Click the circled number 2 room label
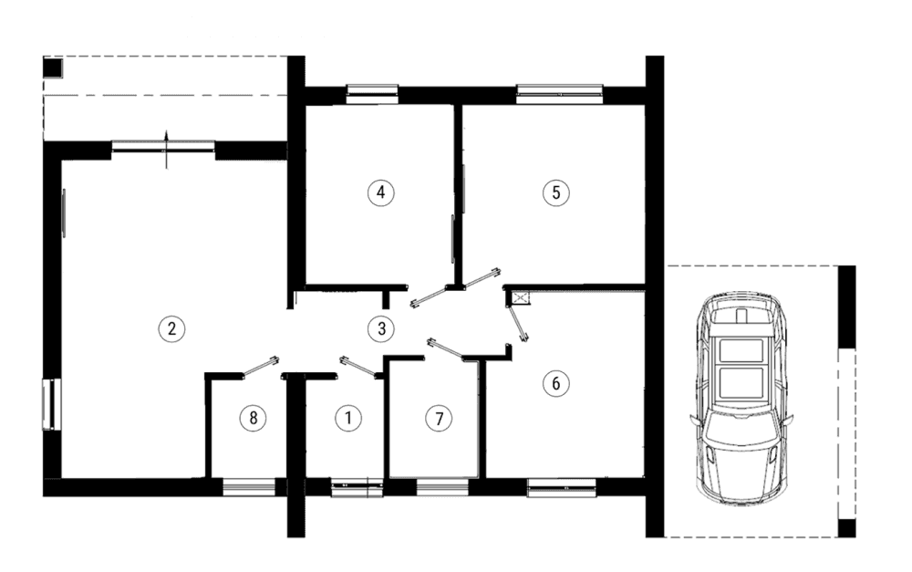(x=171, y=328)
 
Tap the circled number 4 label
(x=381, y=192)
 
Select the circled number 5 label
(x=556, y=192)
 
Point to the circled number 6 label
(x=556, y=383)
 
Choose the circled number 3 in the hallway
(x=381, y=328)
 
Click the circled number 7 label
(x=440, y=419)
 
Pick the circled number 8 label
(x=253, y=418)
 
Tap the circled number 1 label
(x=348, y=418)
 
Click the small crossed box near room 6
(x=521, y=299)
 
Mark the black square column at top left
(x=52, y=68)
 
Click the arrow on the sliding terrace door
(x=166, y=150)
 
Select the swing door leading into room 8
(x=260, y=368)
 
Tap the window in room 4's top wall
(x=372, y=94)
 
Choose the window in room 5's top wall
(x=560, y=94)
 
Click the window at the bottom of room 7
(x=442, y=487)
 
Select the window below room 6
(x=562, y=488)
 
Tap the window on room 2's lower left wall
(x=51, y=404)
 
